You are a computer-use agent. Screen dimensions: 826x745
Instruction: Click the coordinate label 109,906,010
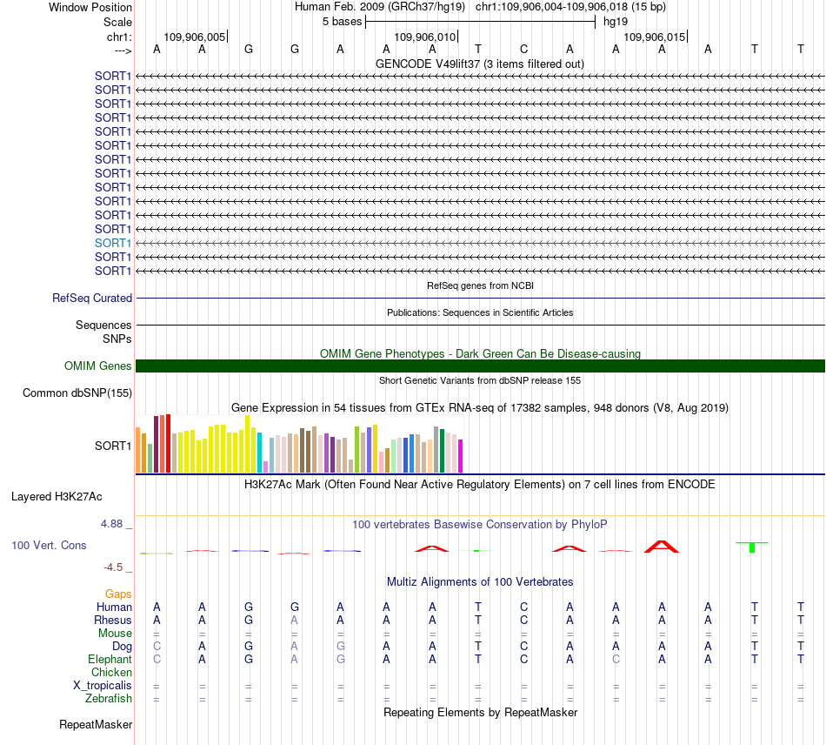(424, 37)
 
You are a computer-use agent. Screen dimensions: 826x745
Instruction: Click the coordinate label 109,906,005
(195, 37)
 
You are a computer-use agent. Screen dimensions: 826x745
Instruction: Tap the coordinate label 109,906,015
(654, 37)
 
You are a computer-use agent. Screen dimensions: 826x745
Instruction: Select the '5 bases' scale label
(343, 22)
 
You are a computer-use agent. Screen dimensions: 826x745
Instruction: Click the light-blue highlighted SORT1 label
(113, 243)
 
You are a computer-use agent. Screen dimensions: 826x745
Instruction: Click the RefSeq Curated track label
(92, 298)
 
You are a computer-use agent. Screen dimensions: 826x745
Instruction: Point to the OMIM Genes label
(98, 366)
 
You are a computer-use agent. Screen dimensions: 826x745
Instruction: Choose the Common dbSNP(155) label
(77, 393)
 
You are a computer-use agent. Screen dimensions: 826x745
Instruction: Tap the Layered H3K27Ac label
(57, 497)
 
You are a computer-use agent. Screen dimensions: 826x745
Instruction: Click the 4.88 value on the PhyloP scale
(111, 524)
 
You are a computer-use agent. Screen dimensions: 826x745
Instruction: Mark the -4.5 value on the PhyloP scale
(113, 567)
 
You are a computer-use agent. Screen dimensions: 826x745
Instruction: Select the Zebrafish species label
(109, 699)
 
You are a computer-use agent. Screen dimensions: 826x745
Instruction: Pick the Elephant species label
(110, 660)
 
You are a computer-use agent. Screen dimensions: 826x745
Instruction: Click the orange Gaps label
(118, 594)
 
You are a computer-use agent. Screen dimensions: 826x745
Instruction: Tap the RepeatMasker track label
(96, 724)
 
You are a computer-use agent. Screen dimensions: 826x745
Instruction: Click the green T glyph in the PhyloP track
(752, 547)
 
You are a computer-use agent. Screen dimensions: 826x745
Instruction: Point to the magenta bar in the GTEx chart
(461, 456)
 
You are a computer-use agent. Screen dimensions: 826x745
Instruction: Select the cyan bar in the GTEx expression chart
(260, 453)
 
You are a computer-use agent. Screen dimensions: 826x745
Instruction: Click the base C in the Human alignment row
(523, 607)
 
